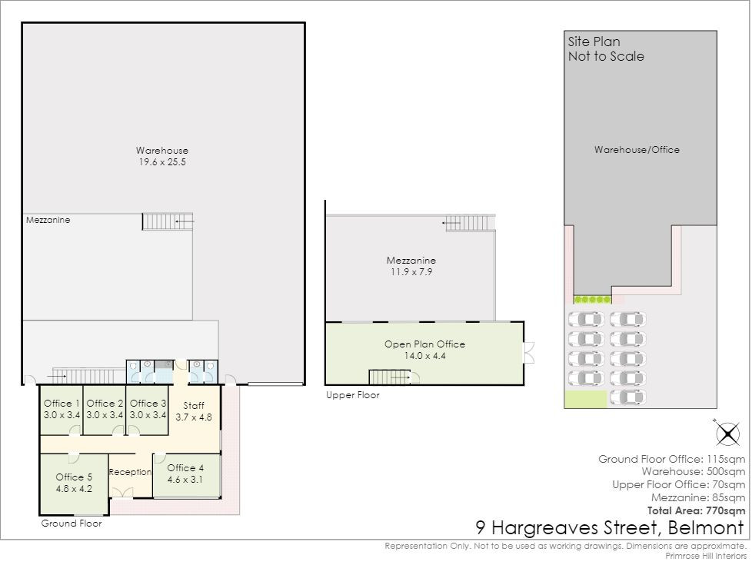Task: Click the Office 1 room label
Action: click(62, 404)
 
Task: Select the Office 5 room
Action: click(73, 484)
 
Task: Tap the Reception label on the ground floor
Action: click(130, 472)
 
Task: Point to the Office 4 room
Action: click(187, 475)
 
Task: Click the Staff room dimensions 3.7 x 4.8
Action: click(194, 417)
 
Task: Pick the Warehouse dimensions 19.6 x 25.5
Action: click(162, 162)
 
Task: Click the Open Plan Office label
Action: click(425, 344)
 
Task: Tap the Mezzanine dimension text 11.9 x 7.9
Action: click(411, 272)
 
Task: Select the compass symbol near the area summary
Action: click(727, 434)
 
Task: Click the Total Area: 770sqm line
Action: click(696, 510)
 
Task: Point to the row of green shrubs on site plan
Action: click(593, 300)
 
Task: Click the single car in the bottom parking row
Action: click(627, 397)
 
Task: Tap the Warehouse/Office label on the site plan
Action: click(637, 150)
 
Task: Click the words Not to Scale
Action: click(606, 56)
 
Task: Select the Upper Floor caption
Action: click(353, 395)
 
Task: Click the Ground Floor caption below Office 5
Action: click(72, 523)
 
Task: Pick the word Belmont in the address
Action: click(706, 527)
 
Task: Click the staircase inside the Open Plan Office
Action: click(389, 377)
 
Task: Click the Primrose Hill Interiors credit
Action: click(706, 556)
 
